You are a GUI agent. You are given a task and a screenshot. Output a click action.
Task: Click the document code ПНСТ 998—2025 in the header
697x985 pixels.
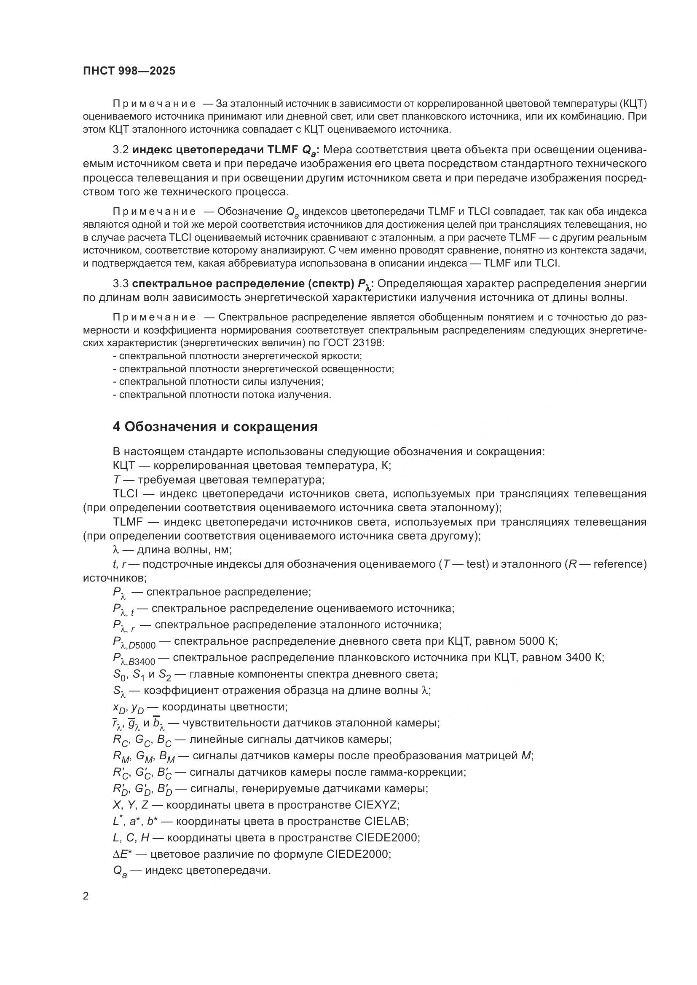click(129, 71)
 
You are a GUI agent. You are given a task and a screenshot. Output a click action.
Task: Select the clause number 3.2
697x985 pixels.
click(121, 150)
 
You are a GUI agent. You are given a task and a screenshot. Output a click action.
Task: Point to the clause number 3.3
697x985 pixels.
click(121, 283)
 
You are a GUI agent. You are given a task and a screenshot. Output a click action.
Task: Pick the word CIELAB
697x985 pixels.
click(385, 821)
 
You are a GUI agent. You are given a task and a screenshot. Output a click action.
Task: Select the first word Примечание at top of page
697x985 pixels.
click(154, 104)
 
